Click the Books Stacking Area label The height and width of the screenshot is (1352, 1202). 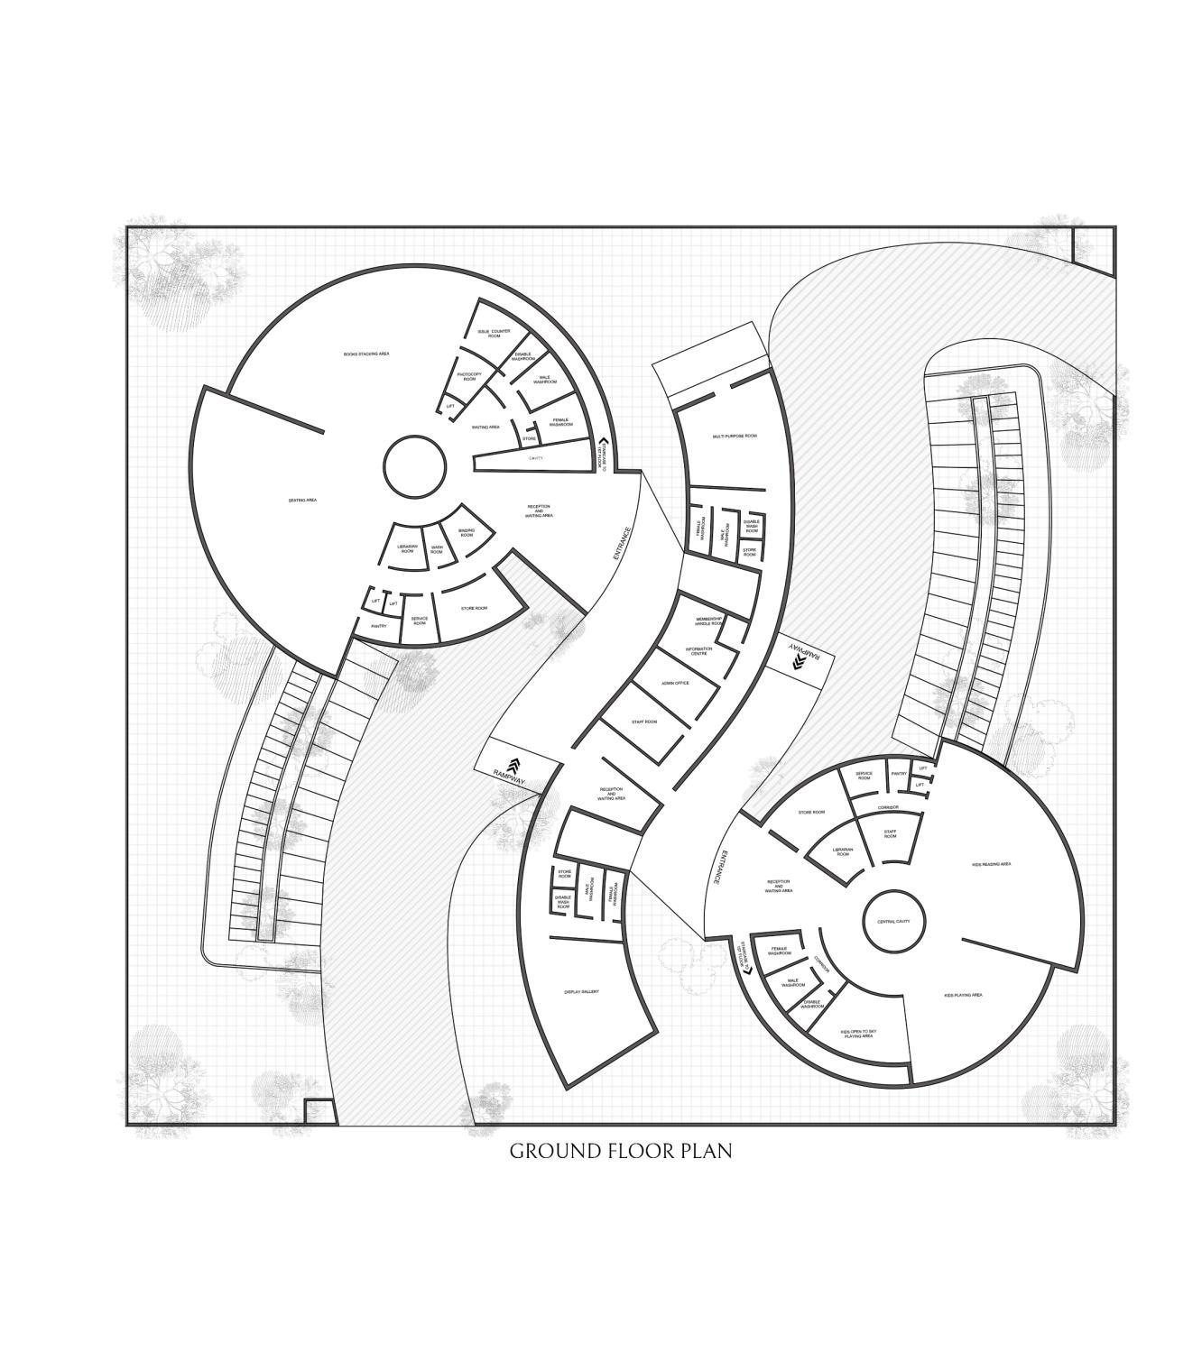pyautogui.click(x=366, y=354)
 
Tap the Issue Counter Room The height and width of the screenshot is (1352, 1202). pyautogui.click(x=494, y=334)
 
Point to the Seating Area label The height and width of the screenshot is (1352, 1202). pyautogui.click(x=302, y=500)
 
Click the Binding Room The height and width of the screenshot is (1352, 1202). pyautogui.click(x=467, y=533)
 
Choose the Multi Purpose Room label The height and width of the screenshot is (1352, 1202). pyautogui.click(x=735, y=436)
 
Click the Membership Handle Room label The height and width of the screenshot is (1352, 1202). pyautogui.click(x=708, y=621)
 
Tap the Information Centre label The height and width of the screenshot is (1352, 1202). pyautogui.click(x=699, y=650)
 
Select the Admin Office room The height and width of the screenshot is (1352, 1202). pyautogui.click(x=675, y=683)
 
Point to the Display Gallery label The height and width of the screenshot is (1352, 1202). pyautogui.click(x=582, y=992)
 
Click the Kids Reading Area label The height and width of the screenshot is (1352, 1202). pyautogui.click(x=991, y=864)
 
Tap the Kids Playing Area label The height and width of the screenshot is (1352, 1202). pyautogui.click(x=963, y=995)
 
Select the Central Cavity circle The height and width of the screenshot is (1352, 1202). pyautogui.click(x=893, y=921)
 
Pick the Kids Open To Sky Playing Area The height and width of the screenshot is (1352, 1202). pyautogui.click(x=858, y=1034)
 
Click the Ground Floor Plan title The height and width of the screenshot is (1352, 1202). pyautogui.click(x=620, y=1151)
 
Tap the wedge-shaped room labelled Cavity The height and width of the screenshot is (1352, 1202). pyautogui.click(x=536, y=459)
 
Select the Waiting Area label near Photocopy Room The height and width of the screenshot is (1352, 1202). pyautogui.click(x=485, y=427)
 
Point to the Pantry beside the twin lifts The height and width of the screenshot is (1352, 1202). pyautogui.click(x=899, y=774)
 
